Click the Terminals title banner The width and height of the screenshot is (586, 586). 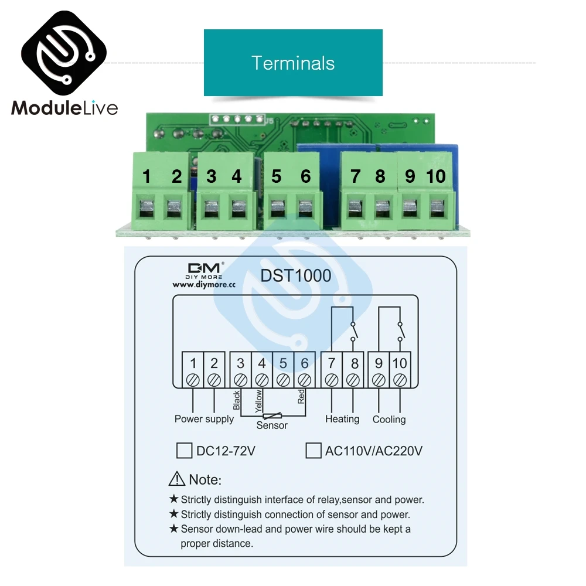tap(293, 63)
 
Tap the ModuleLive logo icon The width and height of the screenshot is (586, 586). tap(64, 53)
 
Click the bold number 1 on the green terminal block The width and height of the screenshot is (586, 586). tap(146, 176)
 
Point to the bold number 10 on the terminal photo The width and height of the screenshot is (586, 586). tap(436, 176)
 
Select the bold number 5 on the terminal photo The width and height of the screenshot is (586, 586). tap(276, 176)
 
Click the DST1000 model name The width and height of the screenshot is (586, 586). tap(295, 276)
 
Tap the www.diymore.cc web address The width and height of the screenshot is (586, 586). tap(204, 285)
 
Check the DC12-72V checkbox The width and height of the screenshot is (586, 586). tap(184, 451)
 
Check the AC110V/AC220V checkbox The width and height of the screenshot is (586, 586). tap(314, 451)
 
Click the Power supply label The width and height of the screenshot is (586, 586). tap(204, 420)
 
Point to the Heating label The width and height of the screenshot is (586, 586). tap(342, 420)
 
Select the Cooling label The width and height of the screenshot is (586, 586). tap(389, 420)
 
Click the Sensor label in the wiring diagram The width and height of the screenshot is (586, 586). tap(272, 425)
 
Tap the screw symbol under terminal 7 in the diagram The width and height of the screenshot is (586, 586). tap(332, 380)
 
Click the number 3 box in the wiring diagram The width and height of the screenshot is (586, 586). tap(240, 370)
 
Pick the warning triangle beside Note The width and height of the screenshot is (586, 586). tap(177, 479)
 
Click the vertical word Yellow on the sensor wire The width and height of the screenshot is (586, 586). tap(258, 401)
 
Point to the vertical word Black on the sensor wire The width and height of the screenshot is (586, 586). tap(237, 400)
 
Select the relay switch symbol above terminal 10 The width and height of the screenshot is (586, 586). tap(401, 331)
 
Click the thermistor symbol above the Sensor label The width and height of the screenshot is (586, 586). tap(272, 415)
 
